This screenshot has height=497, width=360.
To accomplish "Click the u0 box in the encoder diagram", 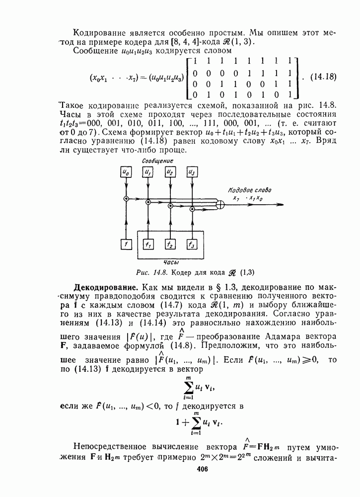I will pyautogui.click(x=126, y=173).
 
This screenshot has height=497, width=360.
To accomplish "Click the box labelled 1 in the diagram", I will pyautogui.click(x=126, y=245).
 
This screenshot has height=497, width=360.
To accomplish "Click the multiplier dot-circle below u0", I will pyautogui.click(x=126, y=199).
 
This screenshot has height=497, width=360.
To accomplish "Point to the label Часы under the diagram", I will pyautogui.click(x=171, y=261).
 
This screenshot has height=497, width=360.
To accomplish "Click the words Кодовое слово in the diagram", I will pyautogui.click(x=250, y=190).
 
